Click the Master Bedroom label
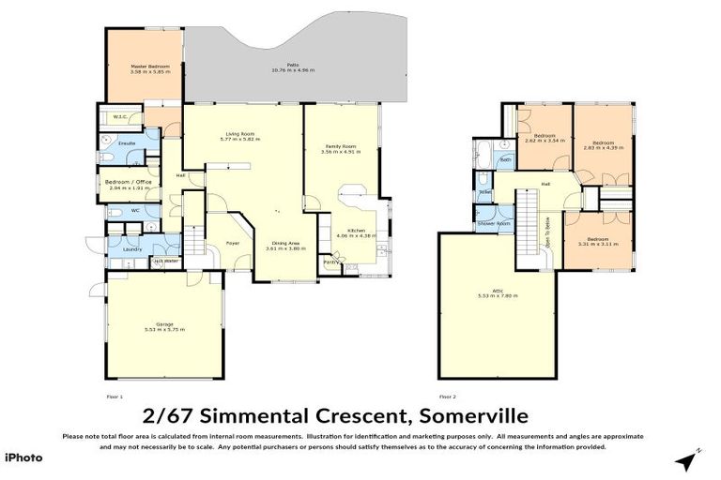point(144,66)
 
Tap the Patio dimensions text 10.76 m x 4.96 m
point(293,71)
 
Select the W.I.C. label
point(119,117)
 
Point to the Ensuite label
point(127,143)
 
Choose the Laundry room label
point(131,249)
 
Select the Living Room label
point(240,134)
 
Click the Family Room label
point(341,146)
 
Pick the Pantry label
point(330,262)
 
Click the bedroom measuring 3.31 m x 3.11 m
point(597,240)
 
